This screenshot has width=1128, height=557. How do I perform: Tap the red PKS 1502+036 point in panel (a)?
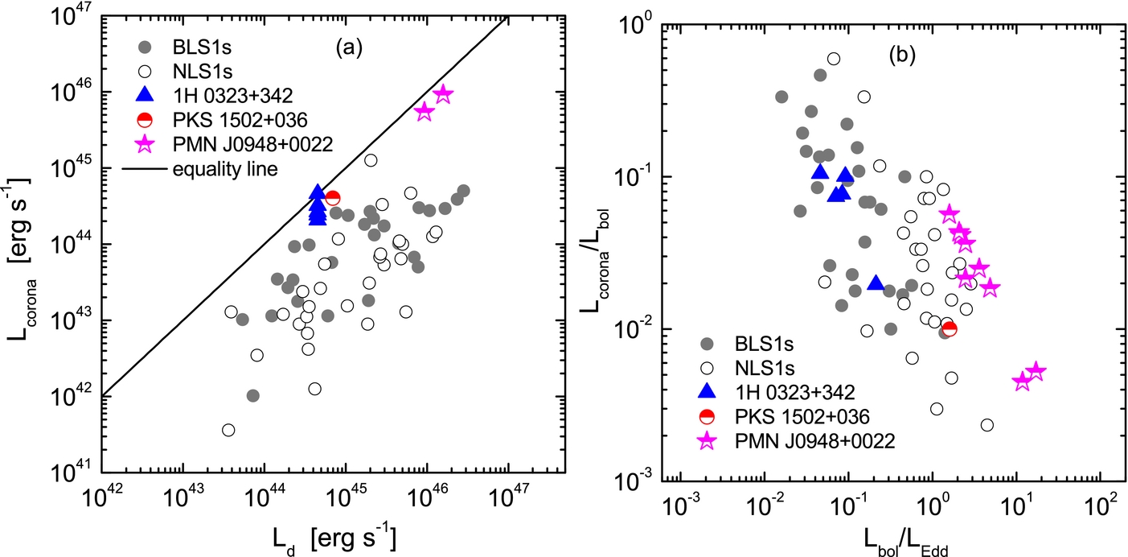pos(332,198)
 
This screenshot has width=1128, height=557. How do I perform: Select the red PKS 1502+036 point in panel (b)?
pos(949,328)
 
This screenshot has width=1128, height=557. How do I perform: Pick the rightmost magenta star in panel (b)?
pos(1036,372)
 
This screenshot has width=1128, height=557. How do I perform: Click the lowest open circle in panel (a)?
pos(228,430)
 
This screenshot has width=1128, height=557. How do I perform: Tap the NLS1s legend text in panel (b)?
pos(767,369)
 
